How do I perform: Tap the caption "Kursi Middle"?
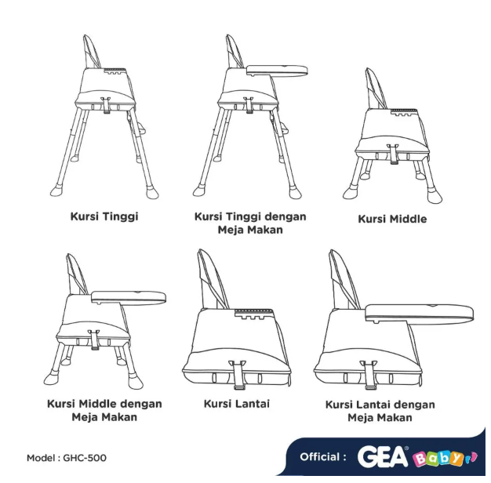click(x=392, y=219)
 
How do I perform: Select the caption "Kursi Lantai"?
click(x=236, y=404)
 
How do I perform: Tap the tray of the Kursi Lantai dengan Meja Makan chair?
click(x=420, y=313)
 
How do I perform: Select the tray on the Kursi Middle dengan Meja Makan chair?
click(x=129, y=296)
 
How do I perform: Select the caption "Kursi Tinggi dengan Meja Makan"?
click(x=249, y=223)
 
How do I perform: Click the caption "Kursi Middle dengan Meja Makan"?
click(x=104, y=410)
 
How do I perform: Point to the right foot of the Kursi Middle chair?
click(x=430, y=191)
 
